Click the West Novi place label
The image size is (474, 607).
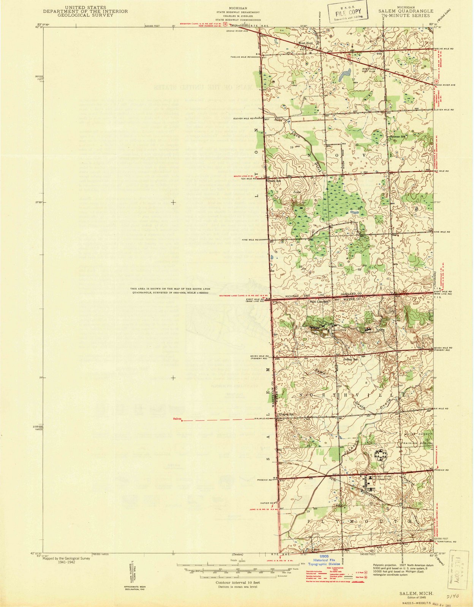click(305, 43)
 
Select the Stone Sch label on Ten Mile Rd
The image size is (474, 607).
click(275, 181)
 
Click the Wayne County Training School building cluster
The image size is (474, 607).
click(380, 454)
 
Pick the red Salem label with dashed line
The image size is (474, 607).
click(177, 419)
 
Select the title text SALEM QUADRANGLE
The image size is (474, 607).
click(406, 11)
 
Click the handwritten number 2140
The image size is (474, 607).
click(453, 596)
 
